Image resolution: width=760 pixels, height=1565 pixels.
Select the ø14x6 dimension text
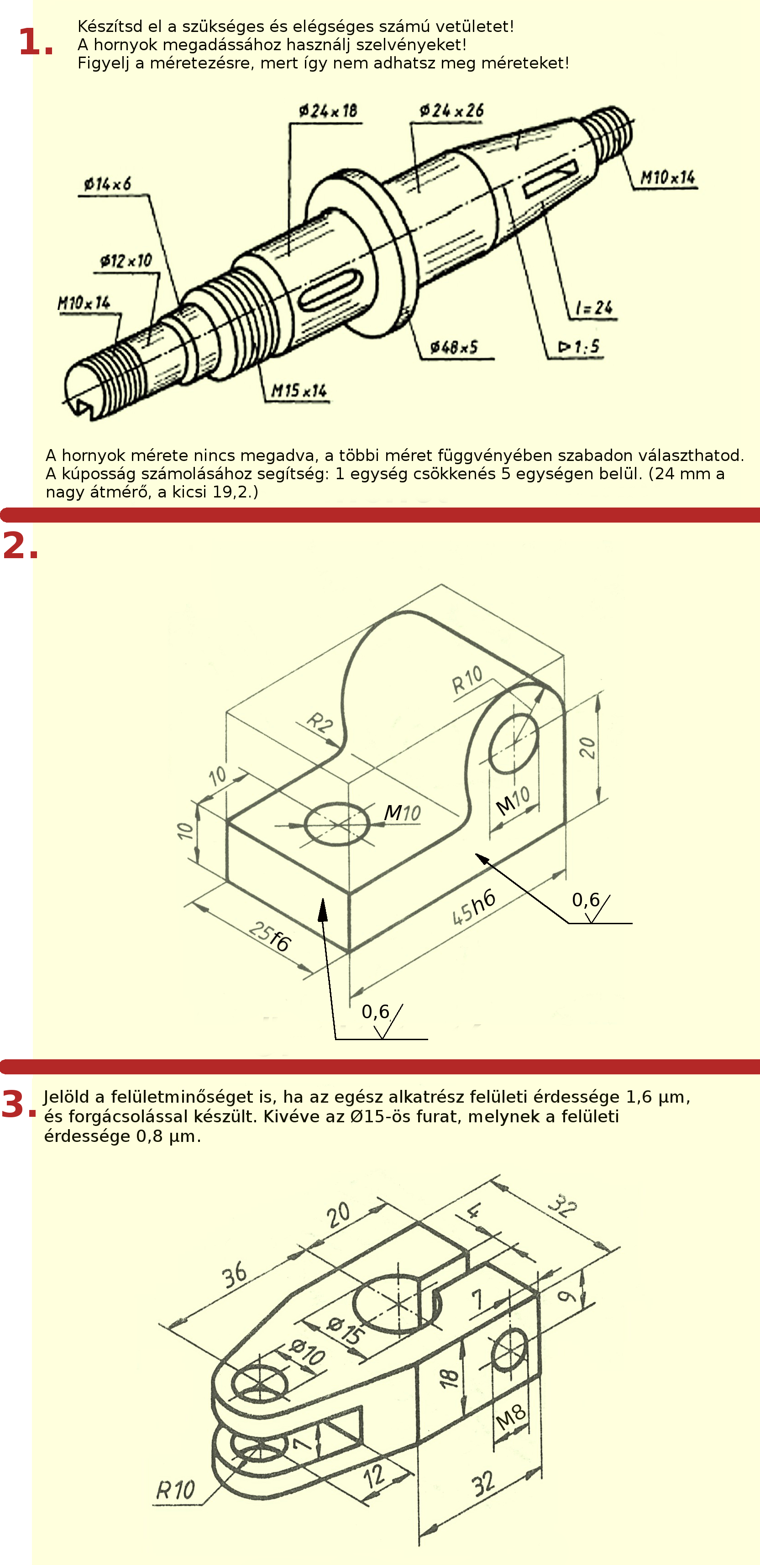108,183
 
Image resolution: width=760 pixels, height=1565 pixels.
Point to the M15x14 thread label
299,390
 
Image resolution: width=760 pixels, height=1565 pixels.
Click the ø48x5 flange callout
454,347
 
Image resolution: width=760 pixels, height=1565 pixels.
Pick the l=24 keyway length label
594,308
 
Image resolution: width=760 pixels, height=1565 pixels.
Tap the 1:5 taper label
579,347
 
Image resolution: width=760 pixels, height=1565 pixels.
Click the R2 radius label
320,723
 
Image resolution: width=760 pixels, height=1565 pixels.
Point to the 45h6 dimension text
474,908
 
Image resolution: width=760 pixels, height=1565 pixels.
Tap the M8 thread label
510,1418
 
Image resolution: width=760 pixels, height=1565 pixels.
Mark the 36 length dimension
235,1275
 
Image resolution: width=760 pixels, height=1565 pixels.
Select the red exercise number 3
19,1104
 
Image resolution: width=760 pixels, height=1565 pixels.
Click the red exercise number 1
35,42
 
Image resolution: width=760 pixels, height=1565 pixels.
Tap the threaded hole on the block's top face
336,824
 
